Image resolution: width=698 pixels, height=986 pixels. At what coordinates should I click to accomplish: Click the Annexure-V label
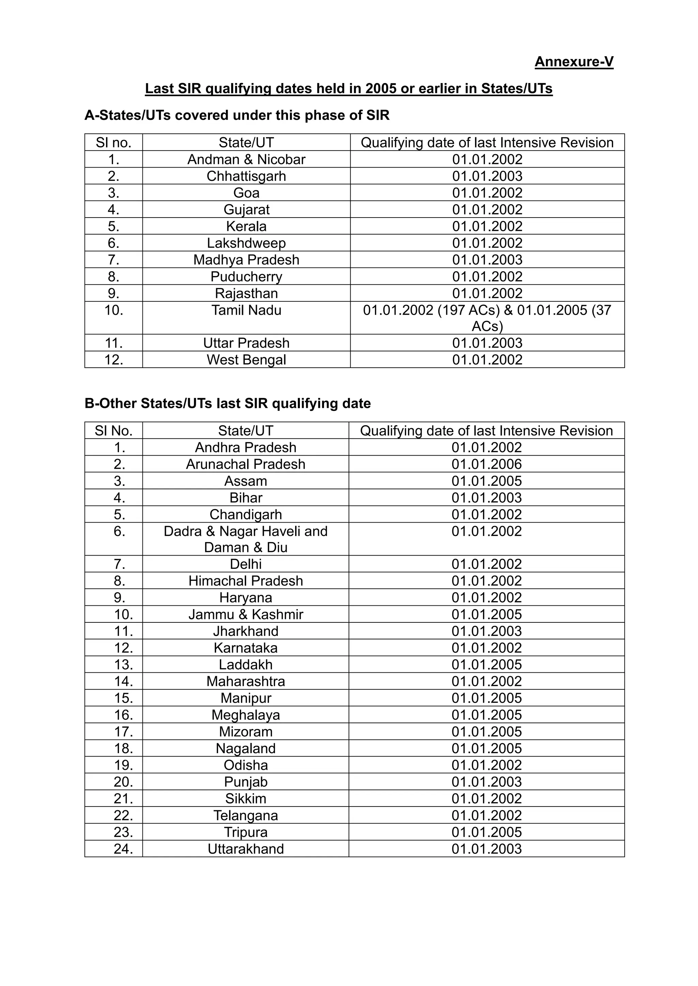coord(574,62)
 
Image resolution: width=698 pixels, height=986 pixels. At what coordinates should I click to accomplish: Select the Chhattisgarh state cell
coord(246,176)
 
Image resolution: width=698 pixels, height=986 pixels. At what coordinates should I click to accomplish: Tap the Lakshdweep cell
coord(246,243)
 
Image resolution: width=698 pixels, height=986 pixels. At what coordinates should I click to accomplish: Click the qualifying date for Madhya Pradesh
coord(487,260)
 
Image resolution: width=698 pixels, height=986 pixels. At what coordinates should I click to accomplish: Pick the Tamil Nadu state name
coord(246,310)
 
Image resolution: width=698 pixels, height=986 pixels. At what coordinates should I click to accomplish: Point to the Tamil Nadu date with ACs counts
coord(487,318)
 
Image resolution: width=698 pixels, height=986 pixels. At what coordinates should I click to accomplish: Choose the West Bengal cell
coord(246,360)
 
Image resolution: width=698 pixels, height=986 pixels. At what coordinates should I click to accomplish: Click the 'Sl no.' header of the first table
coord(113,143)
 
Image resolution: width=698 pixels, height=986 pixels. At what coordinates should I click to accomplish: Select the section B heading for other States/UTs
coord(227,404)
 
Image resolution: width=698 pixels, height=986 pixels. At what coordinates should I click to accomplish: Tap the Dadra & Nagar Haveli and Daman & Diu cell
coord(245,539)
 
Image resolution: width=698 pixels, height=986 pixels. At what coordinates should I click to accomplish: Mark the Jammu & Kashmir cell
coord(245,615)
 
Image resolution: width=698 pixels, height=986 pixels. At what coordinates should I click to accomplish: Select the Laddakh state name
coord(245,665)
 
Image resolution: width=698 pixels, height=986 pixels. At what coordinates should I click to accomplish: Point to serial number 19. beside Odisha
coord(123,765)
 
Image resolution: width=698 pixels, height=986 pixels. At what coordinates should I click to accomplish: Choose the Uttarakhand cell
coord(245,849)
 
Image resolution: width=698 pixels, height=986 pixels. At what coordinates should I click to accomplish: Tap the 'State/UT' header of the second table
coord(245,431)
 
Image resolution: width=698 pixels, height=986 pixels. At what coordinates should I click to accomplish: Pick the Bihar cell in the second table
coord(245,498)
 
